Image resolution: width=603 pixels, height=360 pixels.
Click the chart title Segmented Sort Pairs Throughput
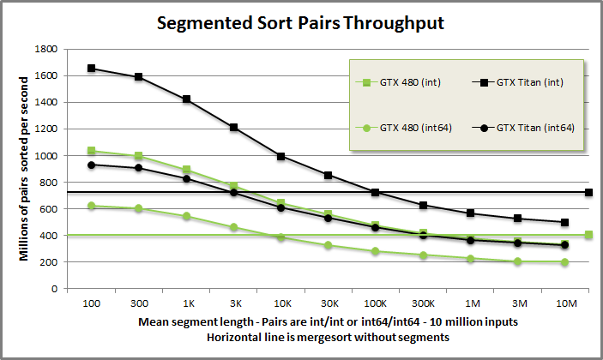pos(300,23)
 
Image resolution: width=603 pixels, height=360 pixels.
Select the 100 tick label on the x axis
pos(91,304)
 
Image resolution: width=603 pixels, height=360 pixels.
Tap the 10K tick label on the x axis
pos(281,304)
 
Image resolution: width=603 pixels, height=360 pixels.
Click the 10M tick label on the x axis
pos(564,304)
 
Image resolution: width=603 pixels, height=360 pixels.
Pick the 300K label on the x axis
pos(422,304)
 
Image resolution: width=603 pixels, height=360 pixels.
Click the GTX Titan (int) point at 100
pos(91,68)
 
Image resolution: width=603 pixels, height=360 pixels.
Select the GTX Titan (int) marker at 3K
pos(233,127)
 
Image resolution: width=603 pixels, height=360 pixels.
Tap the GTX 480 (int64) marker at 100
pos(91,206)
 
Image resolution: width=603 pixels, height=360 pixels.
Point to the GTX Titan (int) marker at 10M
pos(564,222)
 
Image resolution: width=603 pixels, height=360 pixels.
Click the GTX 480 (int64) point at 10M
pos(564,262)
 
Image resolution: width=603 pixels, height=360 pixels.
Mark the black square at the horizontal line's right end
pos(588,192)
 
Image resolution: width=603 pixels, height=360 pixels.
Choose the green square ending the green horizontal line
pos(588,235)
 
